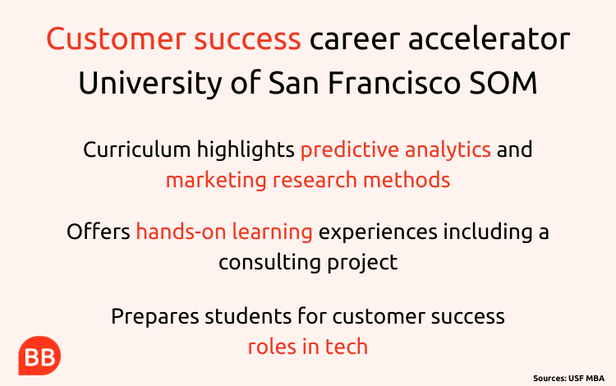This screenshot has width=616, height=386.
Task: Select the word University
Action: click(150, 83)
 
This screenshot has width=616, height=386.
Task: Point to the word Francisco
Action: click(393, 82)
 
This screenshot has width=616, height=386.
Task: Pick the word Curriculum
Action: click(137, 149)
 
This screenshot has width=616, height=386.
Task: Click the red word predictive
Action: click(350, 150)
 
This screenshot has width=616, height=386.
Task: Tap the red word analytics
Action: click(448, 150)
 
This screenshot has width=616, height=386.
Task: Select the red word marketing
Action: click(217, 181)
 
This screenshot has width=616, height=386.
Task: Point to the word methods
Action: click(407, 180)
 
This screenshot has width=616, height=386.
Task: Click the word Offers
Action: click(99, 231)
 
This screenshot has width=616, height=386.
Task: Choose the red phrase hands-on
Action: click(182, 231)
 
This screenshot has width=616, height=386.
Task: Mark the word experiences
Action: click(378, 232)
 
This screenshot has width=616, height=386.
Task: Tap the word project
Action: click(362, 263)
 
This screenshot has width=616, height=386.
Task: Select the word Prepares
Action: click(154, 316)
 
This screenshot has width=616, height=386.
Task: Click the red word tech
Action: click(347, 347)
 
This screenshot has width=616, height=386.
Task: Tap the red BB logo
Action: click(39, 356)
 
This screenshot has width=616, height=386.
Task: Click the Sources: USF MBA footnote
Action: click(568, 379)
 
